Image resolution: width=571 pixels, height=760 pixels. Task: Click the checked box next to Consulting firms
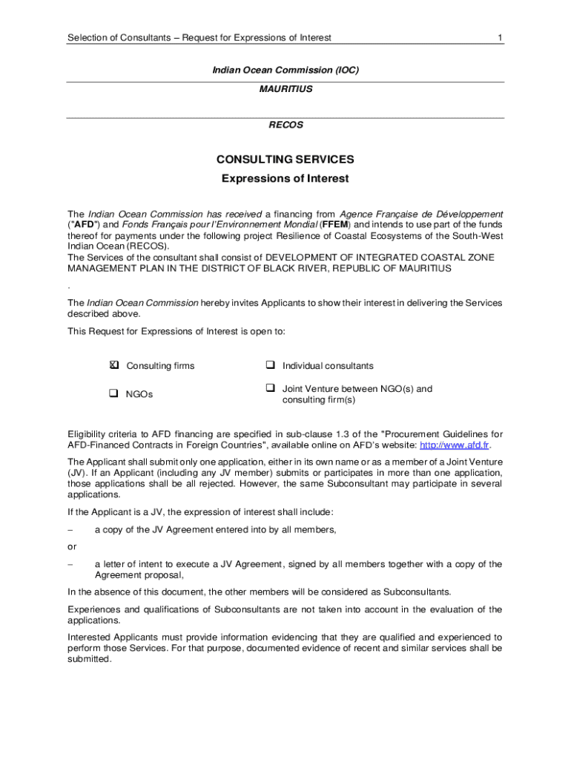click(114, 365)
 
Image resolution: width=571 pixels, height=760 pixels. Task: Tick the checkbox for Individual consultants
click(270, 365)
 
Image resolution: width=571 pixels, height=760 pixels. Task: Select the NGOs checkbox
click(114, 394)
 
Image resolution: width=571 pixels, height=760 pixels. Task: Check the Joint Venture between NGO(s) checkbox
click(270, 388)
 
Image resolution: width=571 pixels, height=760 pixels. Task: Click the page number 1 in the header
click(501, 37)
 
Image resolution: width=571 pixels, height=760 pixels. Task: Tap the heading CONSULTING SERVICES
click(285, 159)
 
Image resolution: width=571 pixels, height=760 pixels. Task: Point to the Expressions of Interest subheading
click(285, 179)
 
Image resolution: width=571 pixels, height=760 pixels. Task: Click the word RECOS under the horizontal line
click(285, 125)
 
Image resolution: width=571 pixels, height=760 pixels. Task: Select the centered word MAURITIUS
click(285, 89)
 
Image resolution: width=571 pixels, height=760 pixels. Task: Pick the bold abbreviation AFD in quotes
click(83, 225)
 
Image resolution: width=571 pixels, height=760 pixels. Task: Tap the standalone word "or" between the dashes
click(72, 547)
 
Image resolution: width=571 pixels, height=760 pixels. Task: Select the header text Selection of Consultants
click(121, 37)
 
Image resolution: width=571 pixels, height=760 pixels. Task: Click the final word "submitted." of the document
click(89, 658)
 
